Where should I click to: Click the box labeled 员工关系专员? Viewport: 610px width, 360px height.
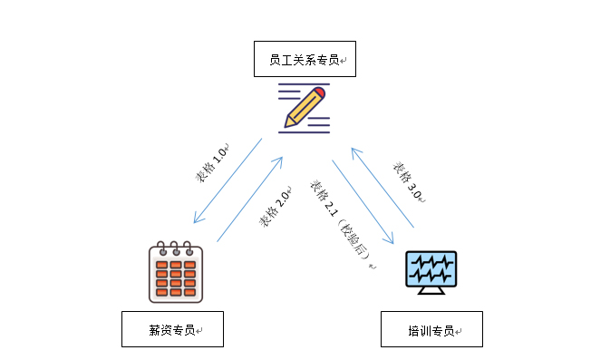pos(305,59)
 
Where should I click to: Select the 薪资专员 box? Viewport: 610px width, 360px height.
pos(172,329)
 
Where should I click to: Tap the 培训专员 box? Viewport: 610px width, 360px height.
pos(431,329)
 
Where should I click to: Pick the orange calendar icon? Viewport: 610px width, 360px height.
pos(175,272)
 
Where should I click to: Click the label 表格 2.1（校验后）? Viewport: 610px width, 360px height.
pos(342,222)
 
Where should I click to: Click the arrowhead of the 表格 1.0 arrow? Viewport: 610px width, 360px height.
pos(196,221)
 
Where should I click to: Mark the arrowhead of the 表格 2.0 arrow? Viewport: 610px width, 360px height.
pos(280,161)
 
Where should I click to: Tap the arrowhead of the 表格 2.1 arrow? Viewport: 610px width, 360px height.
pos(392,241)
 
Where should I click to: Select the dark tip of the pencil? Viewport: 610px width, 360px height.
pos(287,123)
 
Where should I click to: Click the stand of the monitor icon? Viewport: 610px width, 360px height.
pos(431,289)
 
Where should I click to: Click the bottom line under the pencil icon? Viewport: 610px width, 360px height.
pos(304,132)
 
